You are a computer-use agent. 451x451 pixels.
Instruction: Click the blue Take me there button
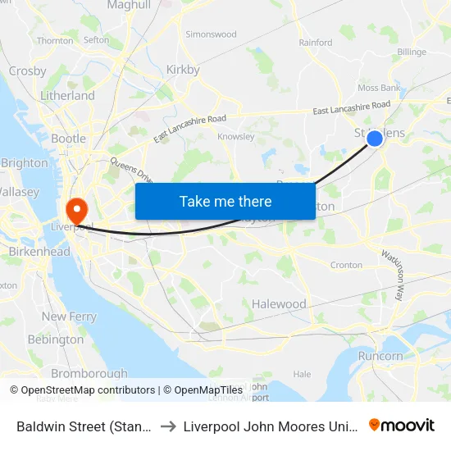[225, 201]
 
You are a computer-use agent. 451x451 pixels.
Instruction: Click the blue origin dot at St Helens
[374, 139]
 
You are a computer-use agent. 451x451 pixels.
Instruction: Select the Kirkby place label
[183, 70]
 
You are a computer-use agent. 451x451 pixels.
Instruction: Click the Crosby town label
[27, 71]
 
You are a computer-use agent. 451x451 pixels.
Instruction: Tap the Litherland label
[67, 96]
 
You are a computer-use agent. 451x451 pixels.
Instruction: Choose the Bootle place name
[68, 139]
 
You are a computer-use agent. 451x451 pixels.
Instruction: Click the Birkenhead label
[39, 252]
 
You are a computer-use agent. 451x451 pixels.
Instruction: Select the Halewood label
[279, 304]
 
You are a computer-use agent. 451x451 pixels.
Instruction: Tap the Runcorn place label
[380, 356]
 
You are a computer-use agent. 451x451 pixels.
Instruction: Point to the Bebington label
[56, 339]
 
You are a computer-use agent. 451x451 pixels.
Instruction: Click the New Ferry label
[69, 317]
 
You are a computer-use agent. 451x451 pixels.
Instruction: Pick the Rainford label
[316, 43]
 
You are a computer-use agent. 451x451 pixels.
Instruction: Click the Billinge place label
[412, 52]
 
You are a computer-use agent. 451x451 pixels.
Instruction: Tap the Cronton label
[345, 266]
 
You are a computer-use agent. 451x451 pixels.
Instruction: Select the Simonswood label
[212, 34]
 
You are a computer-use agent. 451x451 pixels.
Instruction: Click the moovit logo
[402, 426]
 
